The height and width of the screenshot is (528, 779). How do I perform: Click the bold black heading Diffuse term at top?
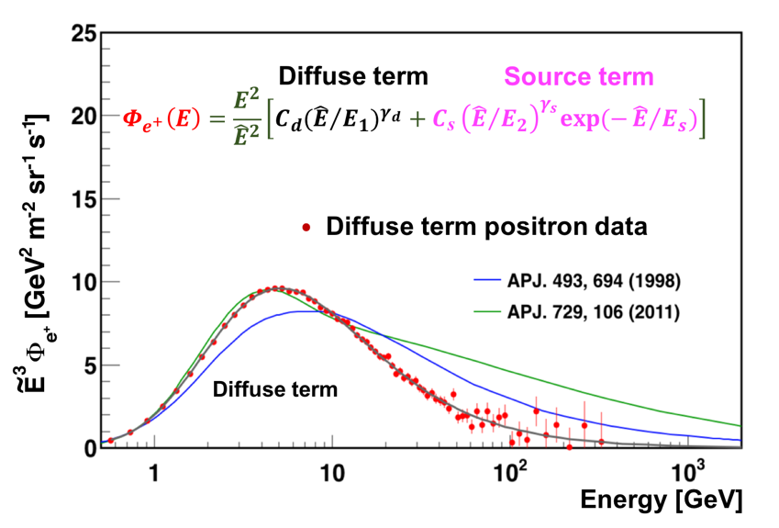pos(353,76)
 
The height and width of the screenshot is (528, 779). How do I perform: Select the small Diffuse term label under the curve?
pos(275,389)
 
